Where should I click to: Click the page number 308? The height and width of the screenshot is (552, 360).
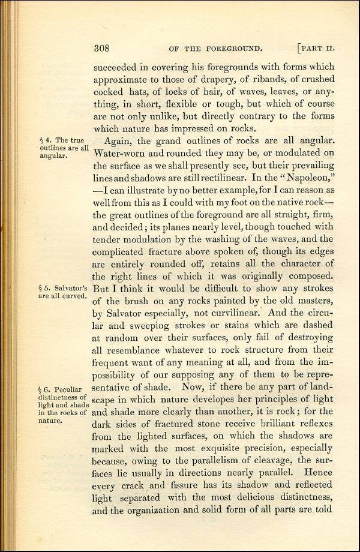(x=104, y=49)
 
